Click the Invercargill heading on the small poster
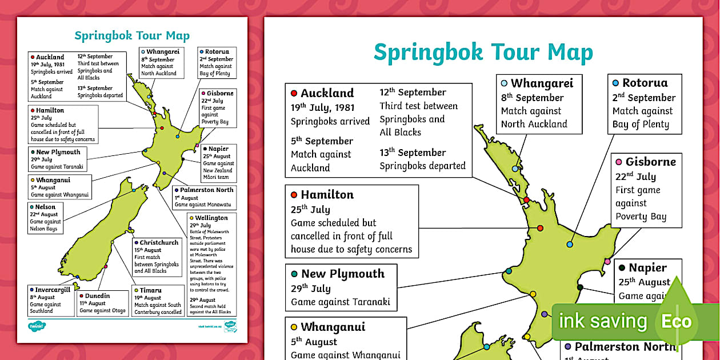tap(53, 290)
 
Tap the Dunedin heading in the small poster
tap(95, 296)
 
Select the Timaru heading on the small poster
tap(150, 290)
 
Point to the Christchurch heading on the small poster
tap(159, 242)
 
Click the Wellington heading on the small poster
tap(211, 218)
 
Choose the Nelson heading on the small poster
tap(45, 207)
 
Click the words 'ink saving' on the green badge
tap(603, 321)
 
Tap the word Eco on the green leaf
tap(677, 321)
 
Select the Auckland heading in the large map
tap(327, 93)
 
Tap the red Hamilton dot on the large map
tap(540, 228)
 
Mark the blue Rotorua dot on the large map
tap(570, 245)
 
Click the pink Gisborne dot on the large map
tap(608, 262)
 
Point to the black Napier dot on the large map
tap(580, 287)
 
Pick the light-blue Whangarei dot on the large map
tap(515, 169)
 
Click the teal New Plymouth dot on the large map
tap(508, 271)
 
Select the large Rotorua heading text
tap(645, 83)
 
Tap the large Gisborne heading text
tap(650, 162)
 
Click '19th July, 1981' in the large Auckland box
tap(322, 107)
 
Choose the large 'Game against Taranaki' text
tap(341, 302)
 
